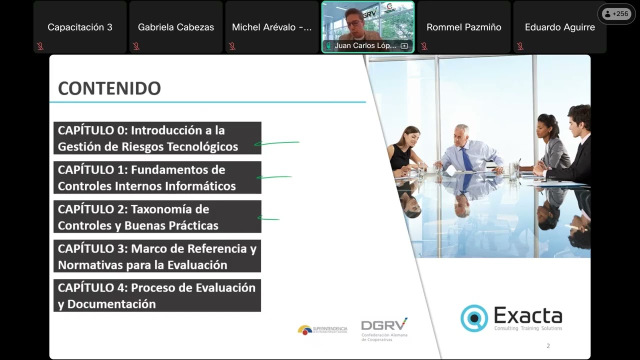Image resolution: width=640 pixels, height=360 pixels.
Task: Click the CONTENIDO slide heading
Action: coord(109,88)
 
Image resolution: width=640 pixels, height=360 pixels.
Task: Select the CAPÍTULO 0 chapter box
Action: coord(157,138)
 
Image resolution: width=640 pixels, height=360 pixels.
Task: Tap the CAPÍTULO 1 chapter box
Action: coord(157,177)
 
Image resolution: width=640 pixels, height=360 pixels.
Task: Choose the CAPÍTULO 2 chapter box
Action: coord(157,217)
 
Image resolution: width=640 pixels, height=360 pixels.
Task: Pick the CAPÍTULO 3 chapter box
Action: coord(157,256)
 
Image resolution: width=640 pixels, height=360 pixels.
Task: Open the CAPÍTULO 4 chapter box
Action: coord(157,295)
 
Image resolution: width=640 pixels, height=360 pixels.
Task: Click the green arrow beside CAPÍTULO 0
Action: coord(276,143)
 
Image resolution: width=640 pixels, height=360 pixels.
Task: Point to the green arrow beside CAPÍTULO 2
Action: coord(268,218)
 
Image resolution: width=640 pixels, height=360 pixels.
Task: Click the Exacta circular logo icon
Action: coord(473,318)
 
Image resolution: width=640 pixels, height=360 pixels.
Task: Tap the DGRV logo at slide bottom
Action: coord(384,325)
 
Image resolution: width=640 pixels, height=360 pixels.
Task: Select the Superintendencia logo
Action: coord(322,329)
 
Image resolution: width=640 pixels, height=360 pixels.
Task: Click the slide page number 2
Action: coord(548,346)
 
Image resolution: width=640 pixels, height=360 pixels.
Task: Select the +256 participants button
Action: coord(616,14)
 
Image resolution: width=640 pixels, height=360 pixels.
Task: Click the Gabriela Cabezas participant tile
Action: coord(175,27)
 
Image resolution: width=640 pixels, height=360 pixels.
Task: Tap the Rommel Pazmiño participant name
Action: coord(463,27)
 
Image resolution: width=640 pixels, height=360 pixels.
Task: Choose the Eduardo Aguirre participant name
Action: coord(559,27)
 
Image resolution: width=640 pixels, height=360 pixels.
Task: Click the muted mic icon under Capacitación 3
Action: coord(40,46)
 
